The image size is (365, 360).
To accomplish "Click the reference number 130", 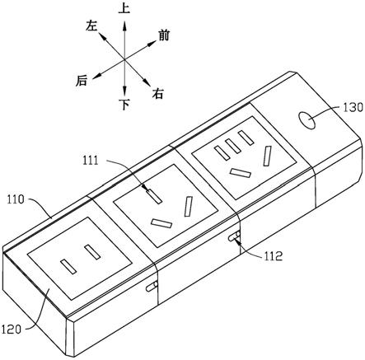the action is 353,108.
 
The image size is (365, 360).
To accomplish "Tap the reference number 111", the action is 91,160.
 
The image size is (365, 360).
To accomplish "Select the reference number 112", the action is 274,256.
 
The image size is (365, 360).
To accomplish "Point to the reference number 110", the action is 16,199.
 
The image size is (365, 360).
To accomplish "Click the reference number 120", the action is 12,329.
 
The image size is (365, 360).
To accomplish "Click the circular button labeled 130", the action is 307,120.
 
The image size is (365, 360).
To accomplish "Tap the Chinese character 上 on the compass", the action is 124,9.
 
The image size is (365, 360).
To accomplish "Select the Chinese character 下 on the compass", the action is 125,104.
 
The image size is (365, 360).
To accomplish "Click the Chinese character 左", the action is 91,26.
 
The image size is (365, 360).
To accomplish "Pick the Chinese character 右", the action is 158,94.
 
